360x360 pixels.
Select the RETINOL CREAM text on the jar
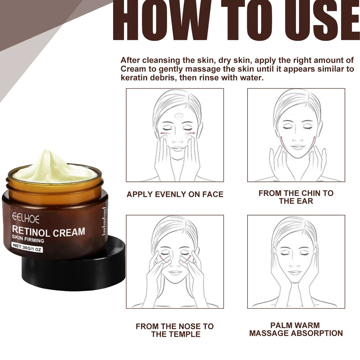(x=49, y=232)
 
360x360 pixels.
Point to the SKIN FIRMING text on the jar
(x=28, y=241)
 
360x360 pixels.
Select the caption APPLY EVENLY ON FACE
(x=175, y=194)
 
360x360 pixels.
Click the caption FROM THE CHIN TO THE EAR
(x=296, y=197)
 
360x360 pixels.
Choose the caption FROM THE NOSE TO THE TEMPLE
(x=175, y=330)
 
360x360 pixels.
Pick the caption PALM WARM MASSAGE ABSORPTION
(x=296, y=329)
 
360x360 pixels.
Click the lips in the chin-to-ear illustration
(x=297, y=147)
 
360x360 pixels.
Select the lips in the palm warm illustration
(x=295, y=272)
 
